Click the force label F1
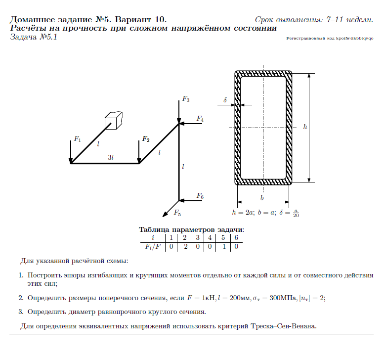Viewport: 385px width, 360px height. (x=77, y=139)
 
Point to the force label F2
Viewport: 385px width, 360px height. (x=145, y=139)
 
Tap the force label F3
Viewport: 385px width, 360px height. (x=186, y=99)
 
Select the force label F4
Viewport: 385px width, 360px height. (x=200, y=119)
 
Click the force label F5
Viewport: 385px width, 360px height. (x=177, y=213)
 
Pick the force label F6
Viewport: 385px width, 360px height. (x=200, y=196)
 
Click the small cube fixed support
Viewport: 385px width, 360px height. (x=114, y=120)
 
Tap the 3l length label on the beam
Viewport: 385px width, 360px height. (x=111, y=157)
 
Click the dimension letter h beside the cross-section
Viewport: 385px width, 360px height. (x=305, y=127)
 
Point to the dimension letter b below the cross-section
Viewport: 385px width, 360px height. (x=262, y=198)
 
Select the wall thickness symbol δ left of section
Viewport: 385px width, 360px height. (x=225, y=100)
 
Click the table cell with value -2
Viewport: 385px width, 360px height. (x=184, y=246)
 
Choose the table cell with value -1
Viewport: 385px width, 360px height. (x=223, y=246)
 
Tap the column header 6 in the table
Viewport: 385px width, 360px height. (x=236, y=237)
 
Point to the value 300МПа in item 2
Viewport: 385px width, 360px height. (x=278, y=298)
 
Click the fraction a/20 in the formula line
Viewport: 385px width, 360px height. (x=296, y=213)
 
